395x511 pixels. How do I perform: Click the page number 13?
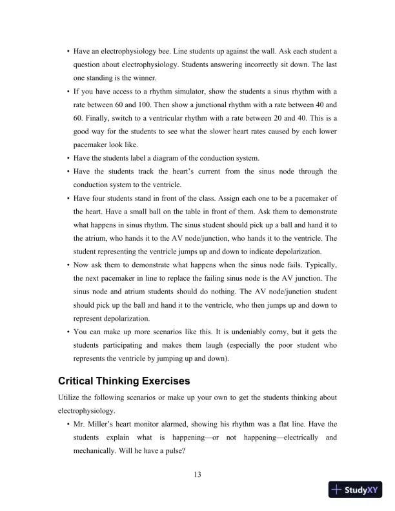tap(197, 476)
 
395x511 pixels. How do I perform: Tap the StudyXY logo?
tap(355, 490)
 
